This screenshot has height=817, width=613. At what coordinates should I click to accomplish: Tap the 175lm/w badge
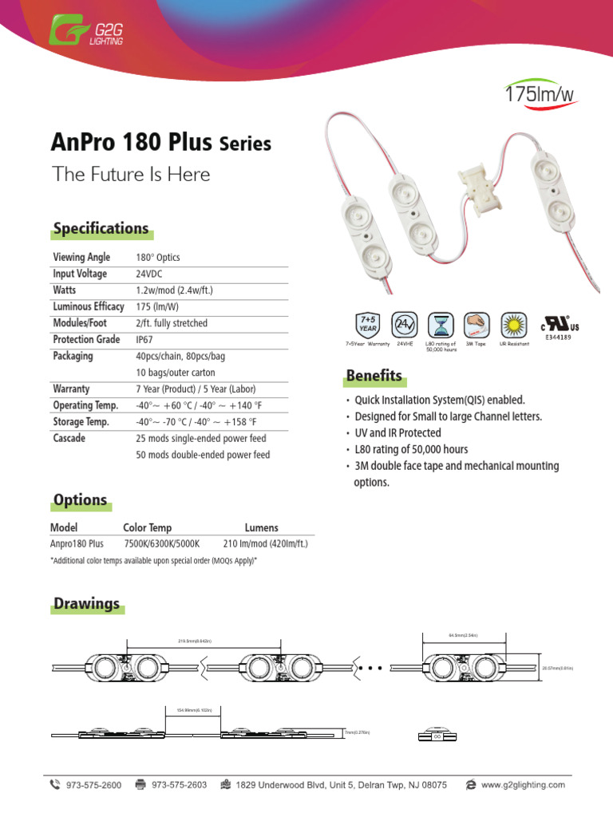pos(540,95)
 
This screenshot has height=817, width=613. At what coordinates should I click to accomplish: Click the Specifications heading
pos(101,229)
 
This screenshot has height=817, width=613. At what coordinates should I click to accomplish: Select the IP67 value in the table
pos(145,340)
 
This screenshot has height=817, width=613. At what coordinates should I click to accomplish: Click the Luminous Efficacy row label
pos(89,306)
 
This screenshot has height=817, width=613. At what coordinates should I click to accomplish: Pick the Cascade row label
pos(69,439)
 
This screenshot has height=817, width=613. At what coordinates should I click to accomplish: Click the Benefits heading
pos(374,376)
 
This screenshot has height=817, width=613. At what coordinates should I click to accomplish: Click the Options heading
pos(80,500)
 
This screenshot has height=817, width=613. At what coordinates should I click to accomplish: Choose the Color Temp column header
pos(147,527)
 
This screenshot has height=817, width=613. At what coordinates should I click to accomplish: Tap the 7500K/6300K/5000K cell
pos(159,544)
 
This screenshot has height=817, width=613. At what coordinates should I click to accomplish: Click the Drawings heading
pos(86,603)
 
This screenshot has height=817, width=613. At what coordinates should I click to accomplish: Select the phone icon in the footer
pos(54,784)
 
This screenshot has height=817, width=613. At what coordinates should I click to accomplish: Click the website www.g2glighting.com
pos(523,785)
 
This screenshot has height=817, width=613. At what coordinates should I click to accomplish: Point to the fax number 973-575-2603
pos(179,785)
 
